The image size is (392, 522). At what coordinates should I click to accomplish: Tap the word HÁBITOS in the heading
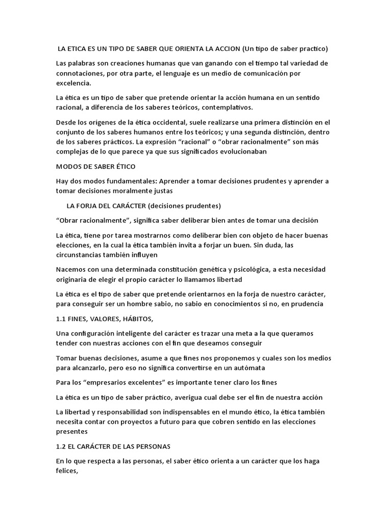135,319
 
